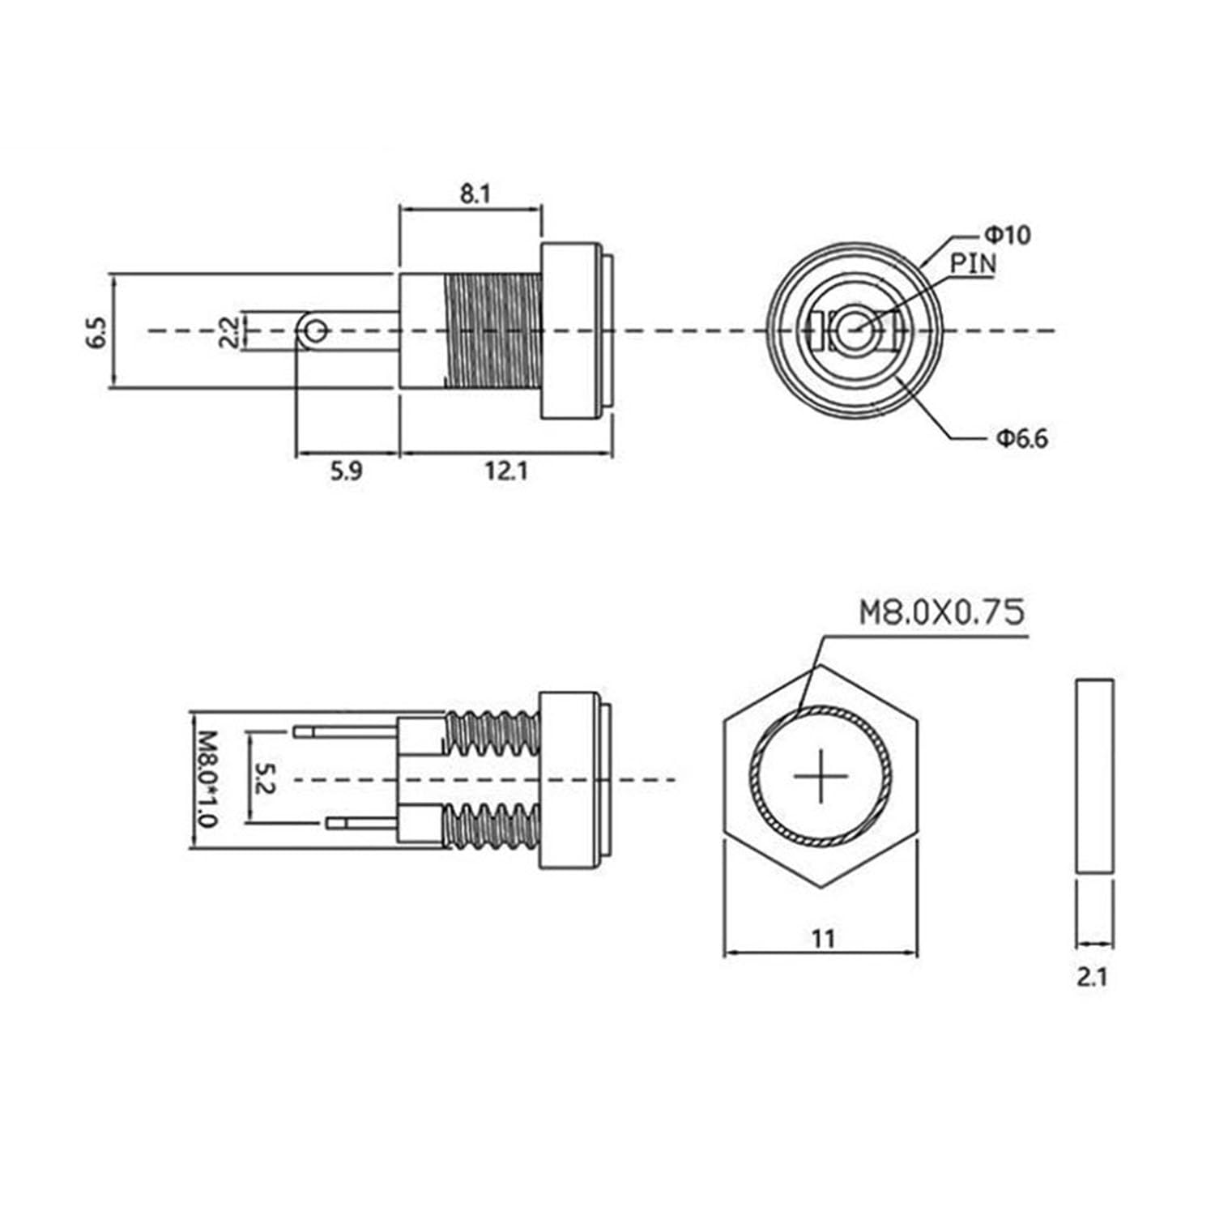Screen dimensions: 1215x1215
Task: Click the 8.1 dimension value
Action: click(x=475, y=194)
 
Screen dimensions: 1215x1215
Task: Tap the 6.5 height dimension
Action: click(x=96, y=332)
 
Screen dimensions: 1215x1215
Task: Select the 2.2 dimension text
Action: click(x=230, y=332)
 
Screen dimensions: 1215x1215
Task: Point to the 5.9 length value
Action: click(x=346, y=471)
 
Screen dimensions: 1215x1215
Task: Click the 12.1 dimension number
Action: click(x=506, y=471)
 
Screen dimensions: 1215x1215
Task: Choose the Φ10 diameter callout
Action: click(x=1007, y=236)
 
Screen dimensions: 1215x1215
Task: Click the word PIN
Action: click(x=973, y=263)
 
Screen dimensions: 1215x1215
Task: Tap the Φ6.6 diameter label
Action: click(x=1021, y=439)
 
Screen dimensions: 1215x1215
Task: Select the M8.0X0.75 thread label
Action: click(x=941, y=613)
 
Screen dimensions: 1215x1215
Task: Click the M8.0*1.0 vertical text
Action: click(x=207, y=779)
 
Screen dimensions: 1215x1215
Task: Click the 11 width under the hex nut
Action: click(x=822, y=939)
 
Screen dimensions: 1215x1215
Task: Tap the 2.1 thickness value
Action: click(x=1092, y=977)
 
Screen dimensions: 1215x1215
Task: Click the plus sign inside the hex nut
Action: click(x=821, y=777)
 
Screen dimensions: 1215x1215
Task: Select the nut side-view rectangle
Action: click(x=1094, y=777)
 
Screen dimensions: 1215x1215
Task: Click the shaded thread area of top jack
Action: click(x=492, y=330)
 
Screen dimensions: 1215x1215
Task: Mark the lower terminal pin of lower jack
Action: click(x=361, y=824)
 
